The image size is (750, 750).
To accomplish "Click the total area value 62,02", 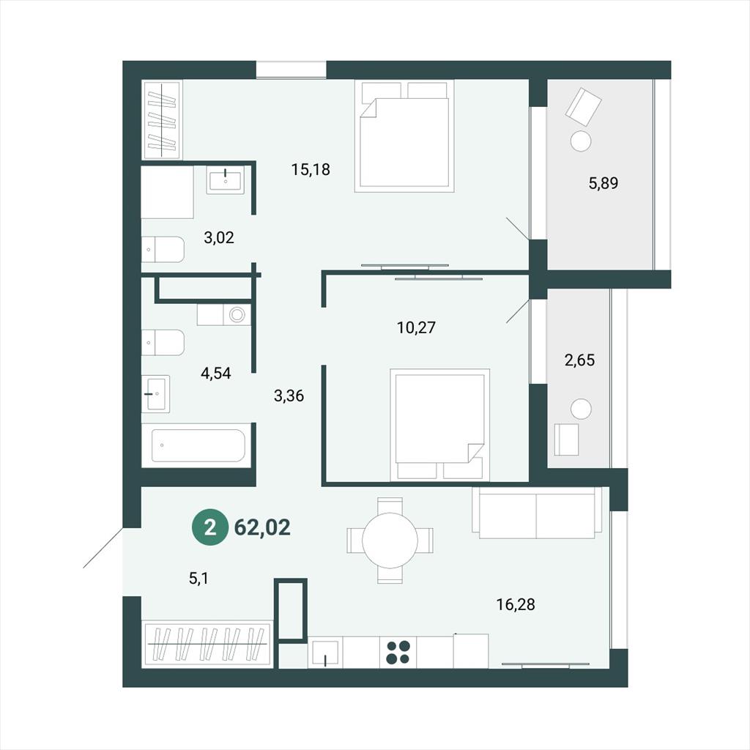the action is pos(263,527).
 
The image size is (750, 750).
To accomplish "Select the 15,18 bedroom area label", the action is pos(311,169).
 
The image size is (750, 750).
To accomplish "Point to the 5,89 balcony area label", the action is pos(604,182).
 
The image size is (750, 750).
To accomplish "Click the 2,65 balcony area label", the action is pos(580,360).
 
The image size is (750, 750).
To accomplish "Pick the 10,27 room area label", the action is pos(417,327).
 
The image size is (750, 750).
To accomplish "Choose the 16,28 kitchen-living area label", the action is pos(516,604).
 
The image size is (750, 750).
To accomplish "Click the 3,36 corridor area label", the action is pos(289,396).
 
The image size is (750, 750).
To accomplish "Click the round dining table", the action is pos(390,541).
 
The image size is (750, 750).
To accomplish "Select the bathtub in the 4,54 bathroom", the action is pos(198,446).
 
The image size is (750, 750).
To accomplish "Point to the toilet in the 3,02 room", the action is pos(163,249).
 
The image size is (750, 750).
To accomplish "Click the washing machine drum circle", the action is pos(237,315).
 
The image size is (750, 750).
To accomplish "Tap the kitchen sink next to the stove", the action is pos(325,652).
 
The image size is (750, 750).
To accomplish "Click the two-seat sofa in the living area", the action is pos(537,513).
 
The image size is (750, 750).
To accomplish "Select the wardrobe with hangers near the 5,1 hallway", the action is pos(207,644).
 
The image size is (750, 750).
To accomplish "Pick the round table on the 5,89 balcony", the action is pos(581,141).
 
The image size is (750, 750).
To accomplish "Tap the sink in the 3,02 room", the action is pos(226,180).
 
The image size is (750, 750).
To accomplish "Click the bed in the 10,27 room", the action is pos(439,424).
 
